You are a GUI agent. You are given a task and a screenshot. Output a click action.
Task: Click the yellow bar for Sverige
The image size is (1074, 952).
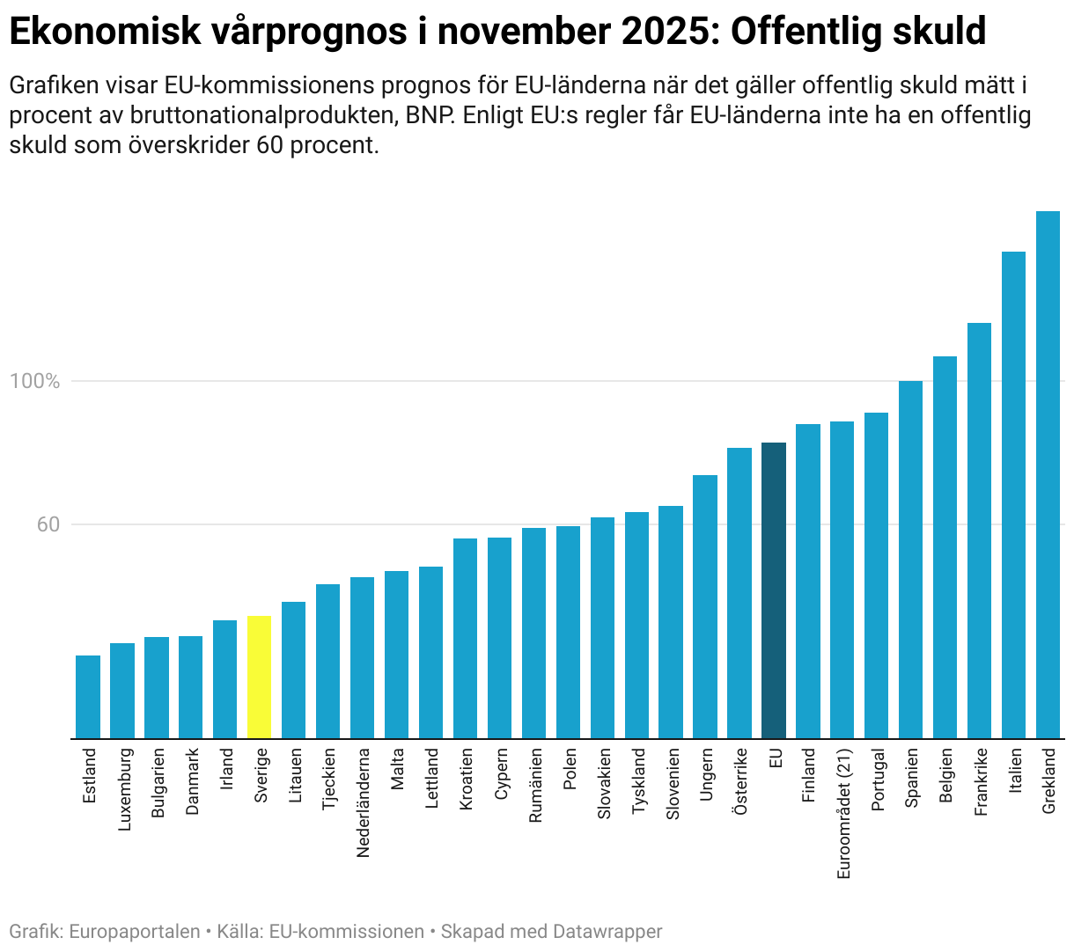pyautogui.click(x=260, y=677)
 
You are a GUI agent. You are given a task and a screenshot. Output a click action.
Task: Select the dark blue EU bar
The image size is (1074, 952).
pyautogui.click(x=774, y=590)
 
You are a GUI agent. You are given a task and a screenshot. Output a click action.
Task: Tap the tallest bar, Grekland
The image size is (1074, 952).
pyautogui.click(x=1048, y=474)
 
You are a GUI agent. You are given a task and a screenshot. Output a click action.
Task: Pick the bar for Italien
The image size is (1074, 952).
pyautogui.click(x=1013, y=494)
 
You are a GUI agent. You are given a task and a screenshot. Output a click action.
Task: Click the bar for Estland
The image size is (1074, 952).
pyautogui.click(x=88, y=697)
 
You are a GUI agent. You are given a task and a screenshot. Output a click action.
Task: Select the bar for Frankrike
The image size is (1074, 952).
pyautogui.click(x=979, y=531)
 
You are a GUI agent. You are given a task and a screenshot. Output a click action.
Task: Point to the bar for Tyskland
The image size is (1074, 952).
pyautogui.click(x=636, y=625)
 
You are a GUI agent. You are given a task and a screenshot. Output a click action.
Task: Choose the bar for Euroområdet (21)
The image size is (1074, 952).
pyautogui.click(x=842, y=580)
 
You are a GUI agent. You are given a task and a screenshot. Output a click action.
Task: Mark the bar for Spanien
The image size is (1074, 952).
pyautogui.click(x=910, y=560)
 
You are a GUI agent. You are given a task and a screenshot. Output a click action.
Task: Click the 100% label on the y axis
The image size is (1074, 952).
pyautogui.click(x=35, y=382)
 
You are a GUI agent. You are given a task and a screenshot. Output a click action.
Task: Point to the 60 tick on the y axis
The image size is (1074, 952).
pyautogui.click(x=48, y=525)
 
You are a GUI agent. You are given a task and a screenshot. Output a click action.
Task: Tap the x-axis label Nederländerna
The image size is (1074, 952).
pyautogui.click(x=363, y=802)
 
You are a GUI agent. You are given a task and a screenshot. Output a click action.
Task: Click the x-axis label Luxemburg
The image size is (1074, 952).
pyautogui.click(x=124, y=789)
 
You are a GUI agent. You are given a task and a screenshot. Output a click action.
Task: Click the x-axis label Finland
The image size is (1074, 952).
pyautogui.click(x=808, y=775)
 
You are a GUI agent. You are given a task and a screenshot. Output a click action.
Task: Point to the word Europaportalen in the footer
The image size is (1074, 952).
pyautogui.click(x=134, y=932)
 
